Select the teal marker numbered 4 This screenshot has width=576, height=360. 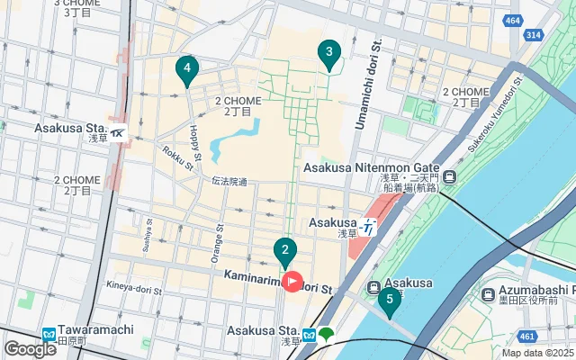tap(186, 68)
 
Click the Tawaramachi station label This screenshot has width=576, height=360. tap(95, 330)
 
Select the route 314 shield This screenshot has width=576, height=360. tap(534, 34)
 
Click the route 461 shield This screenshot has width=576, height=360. tap(535, 337)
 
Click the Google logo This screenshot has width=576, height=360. tap(30, 348)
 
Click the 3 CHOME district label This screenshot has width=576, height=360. tap(76, 7)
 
